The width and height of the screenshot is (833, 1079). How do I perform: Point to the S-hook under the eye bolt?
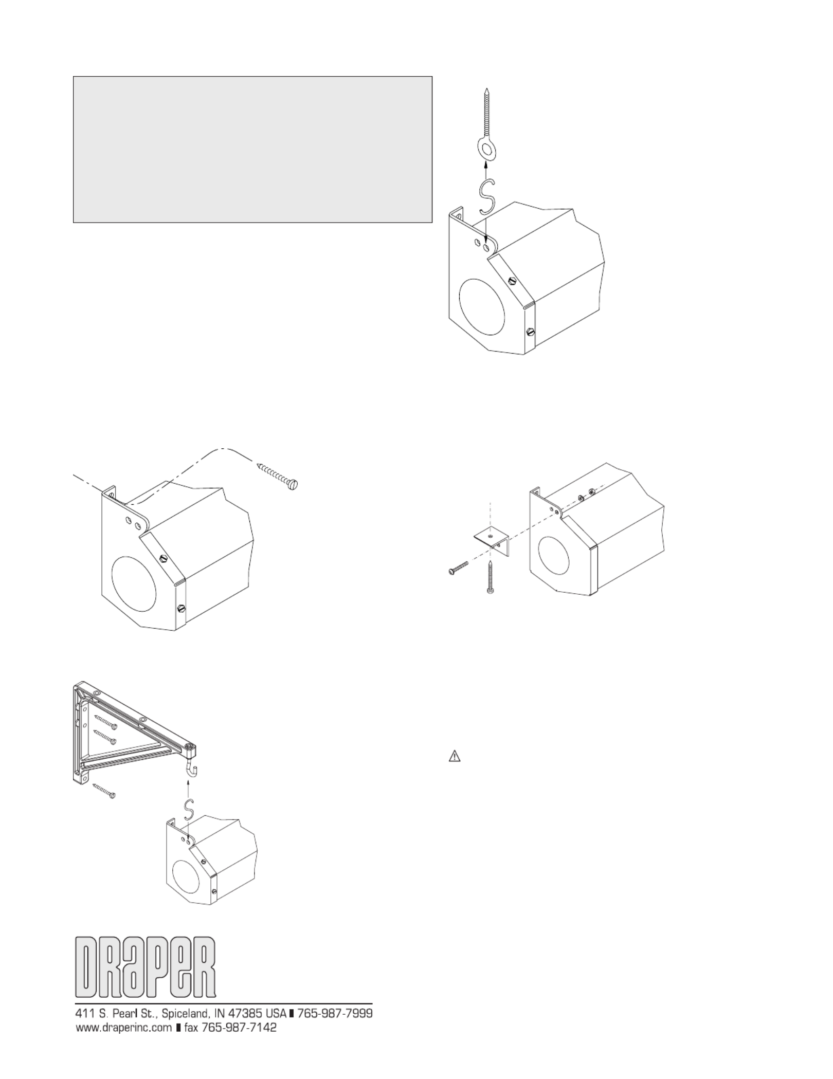tap(486, 196)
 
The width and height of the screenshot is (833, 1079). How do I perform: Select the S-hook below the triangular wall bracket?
tap(189, 811)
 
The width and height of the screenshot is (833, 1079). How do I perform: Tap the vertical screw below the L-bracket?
tap(490, 578)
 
